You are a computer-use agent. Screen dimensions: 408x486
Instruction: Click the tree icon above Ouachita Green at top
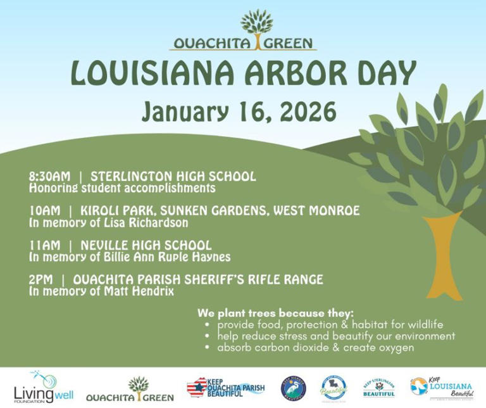[256, 23]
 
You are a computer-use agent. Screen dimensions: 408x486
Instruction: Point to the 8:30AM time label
[51, 176]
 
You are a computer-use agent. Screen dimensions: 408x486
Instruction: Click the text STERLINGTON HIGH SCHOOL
[173, 176]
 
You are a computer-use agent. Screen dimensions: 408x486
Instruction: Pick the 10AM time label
[43, 210]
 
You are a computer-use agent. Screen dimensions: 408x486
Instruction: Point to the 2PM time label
[41, 279]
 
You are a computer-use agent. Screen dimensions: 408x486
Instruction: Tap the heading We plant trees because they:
[275, 313]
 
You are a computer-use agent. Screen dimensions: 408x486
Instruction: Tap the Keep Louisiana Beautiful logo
[441, 387]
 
